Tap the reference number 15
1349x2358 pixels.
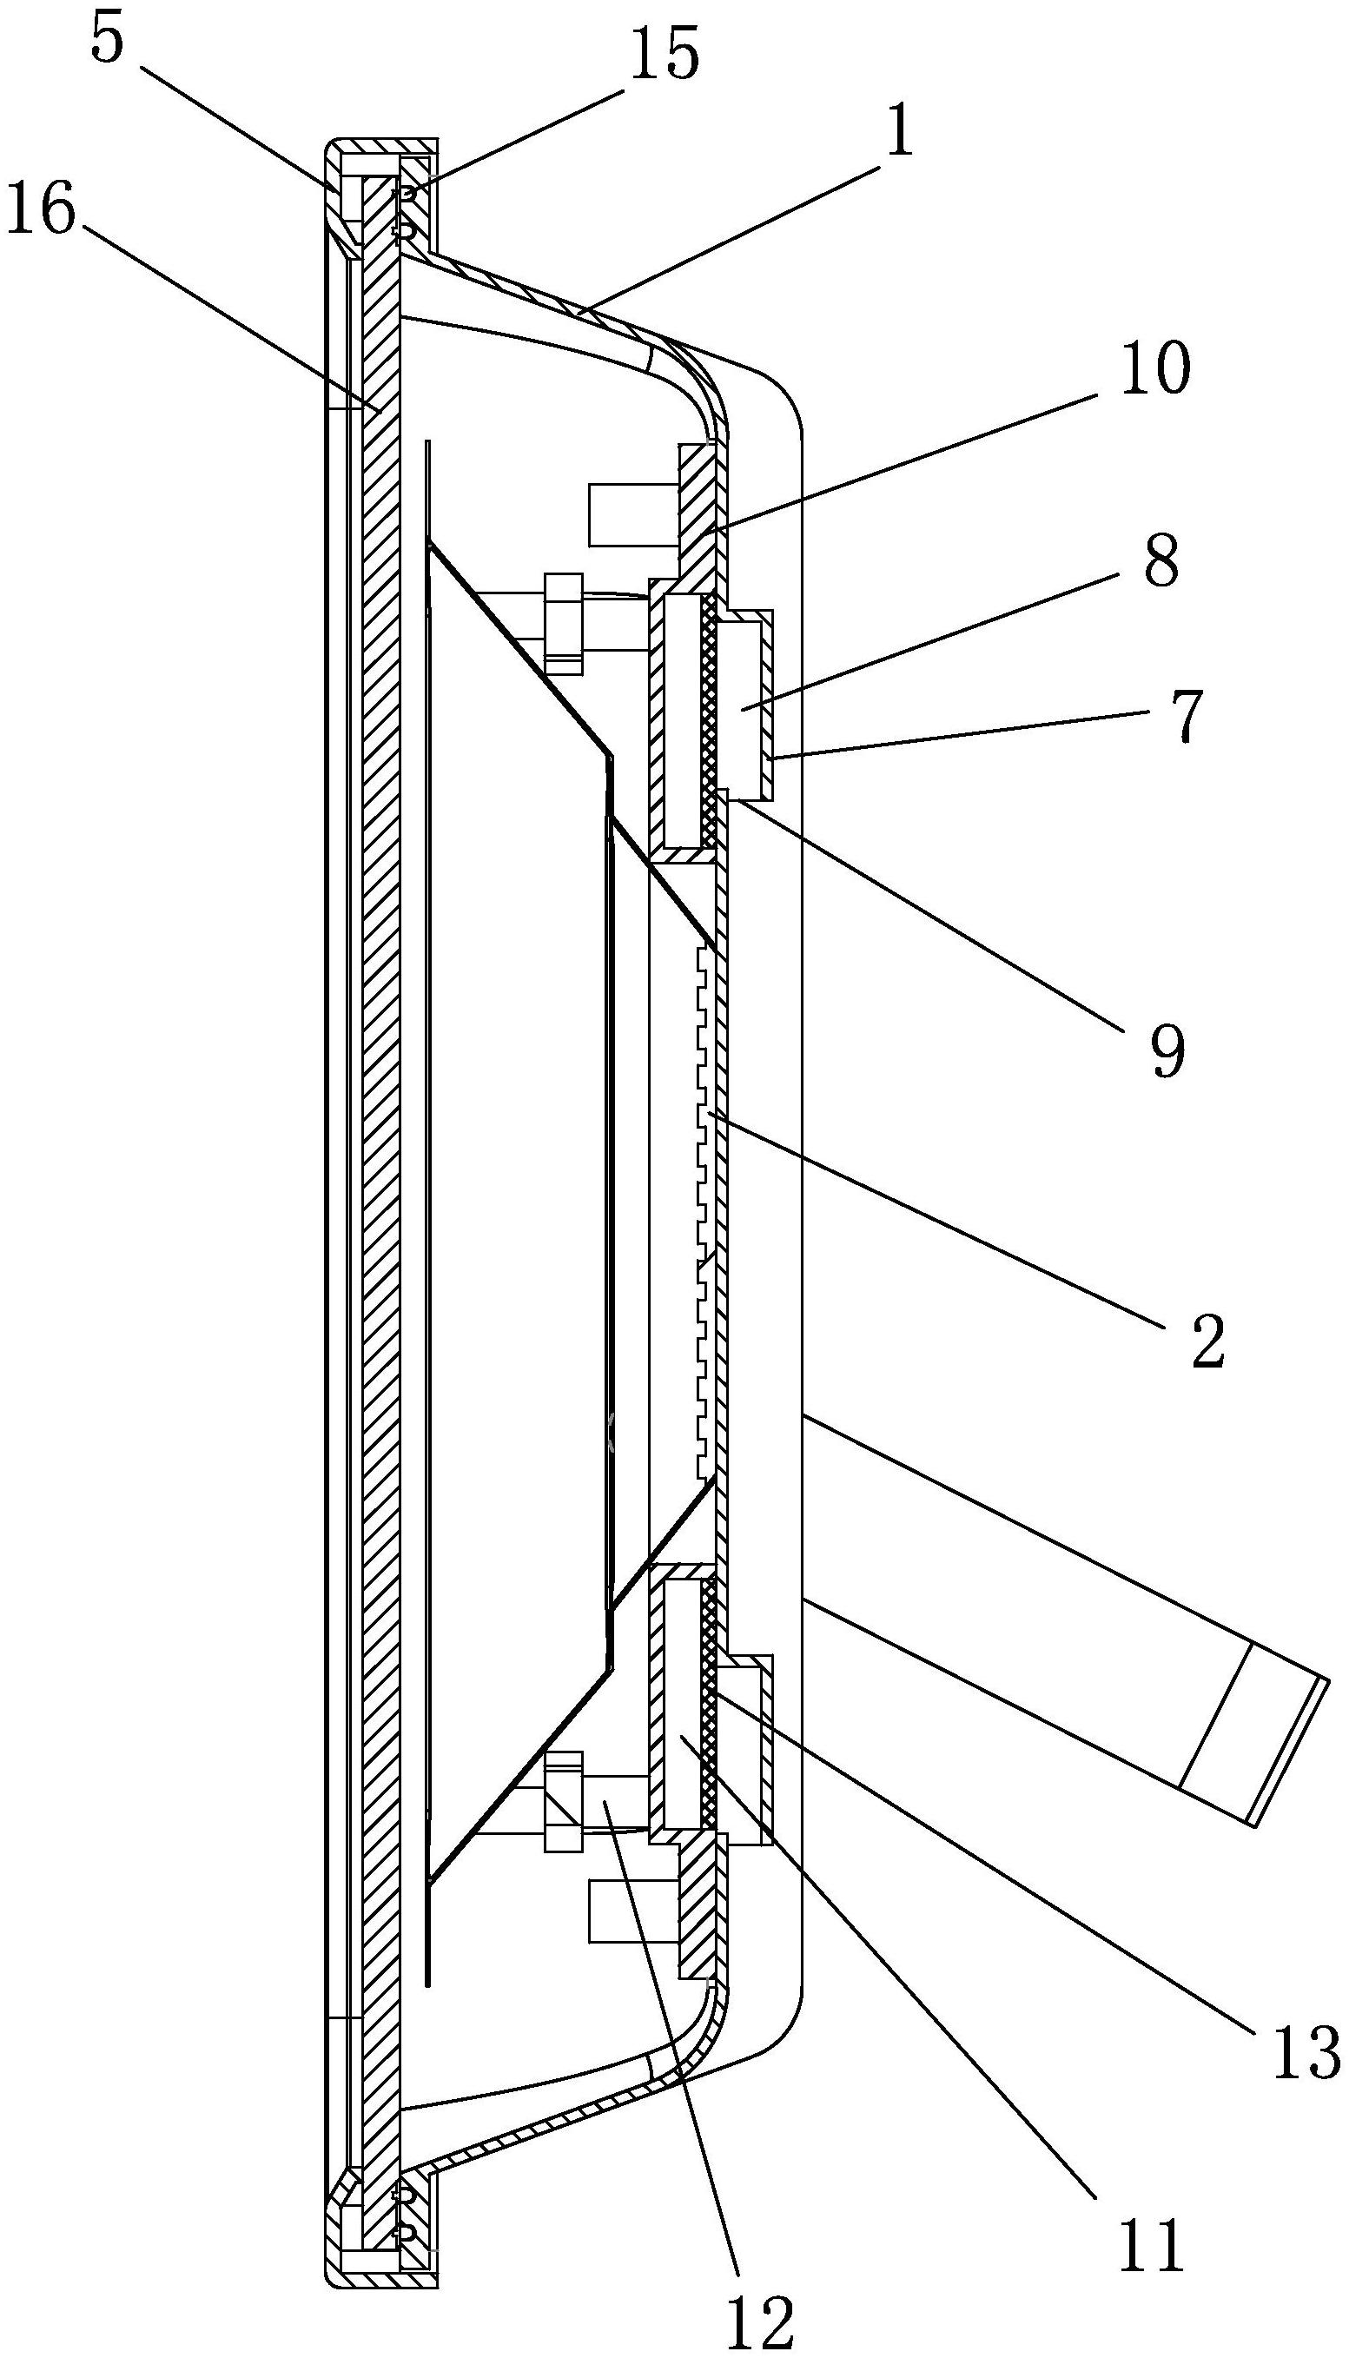664,55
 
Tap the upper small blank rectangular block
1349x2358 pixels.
627,514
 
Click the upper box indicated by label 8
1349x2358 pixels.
742,709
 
